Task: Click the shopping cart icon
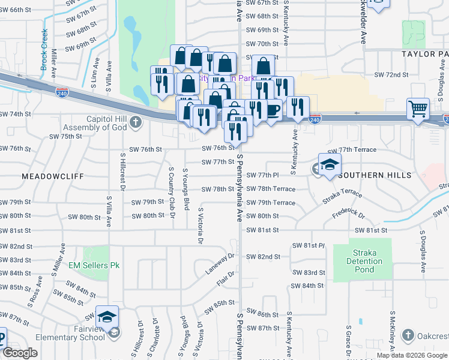click(x=418, y=109)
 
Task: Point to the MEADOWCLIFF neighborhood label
click(x=47, y=176)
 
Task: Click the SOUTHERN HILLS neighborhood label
click(x=375, y=175)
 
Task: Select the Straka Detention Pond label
click(x=364, y=261)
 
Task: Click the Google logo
click(x=20, y=353)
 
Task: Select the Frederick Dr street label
click(x=348, y=214)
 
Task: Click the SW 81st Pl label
click(x=308, y=246)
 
